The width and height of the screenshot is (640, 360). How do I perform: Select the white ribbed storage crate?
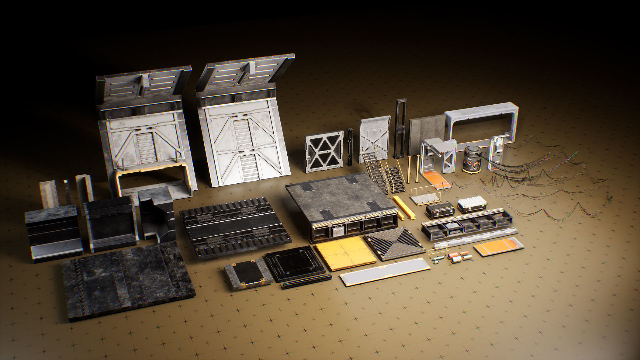click(x=471, y=204)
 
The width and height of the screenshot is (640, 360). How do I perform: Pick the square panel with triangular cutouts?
click(x=324, y=151)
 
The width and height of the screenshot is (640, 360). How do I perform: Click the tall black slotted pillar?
click(x=400, y=128)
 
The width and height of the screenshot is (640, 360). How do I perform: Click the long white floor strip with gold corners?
click(x=385, y=272)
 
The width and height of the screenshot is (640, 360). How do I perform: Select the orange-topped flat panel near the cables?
click(x=498, y=246)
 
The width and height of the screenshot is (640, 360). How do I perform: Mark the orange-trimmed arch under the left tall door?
click(x=150, y=180)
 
